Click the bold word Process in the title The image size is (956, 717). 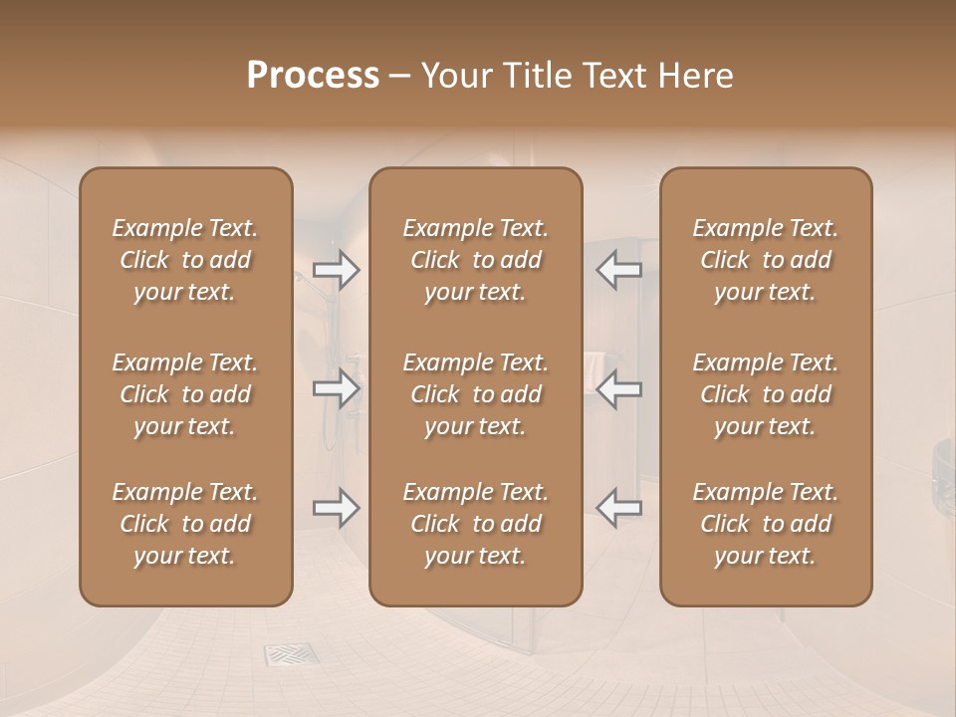click(313, 76)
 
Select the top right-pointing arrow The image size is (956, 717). click(337, 270)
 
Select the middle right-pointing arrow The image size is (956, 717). click(337, 388)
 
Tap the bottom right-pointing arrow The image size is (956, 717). click(337, 508)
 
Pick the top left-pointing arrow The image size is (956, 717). click(618, 270)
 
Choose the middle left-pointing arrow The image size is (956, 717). click(618, 388)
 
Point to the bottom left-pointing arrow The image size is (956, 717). click(618, 508)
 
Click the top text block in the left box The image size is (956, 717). click(185, 260)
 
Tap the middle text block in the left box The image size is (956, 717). click(185, 394)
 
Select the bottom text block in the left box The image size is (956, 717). click(185, 524)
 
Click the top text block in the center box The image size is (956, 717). click(475, 260)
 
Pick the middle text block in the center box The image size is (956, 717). click(475, 394)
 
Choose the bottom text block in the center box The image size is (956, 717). click(475, 524)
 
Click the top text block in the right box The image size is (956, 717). click(765, 260)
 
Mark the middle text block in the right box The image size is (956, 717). click(765, 394)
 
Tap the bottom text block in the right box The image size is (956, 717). click(765, 524)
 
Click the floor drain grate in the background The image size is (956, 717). click(291, 654)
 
